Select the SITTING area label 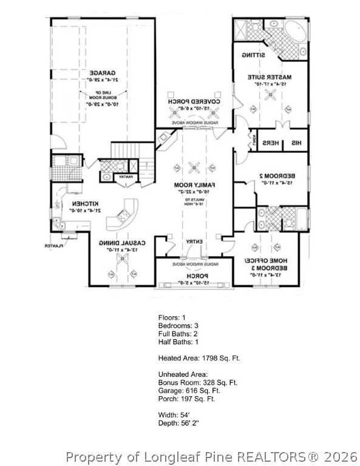[253, 55]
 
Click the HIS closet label [296, 143]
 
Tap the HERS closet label [271, 143]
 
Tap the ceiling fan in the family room [194, 167]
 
